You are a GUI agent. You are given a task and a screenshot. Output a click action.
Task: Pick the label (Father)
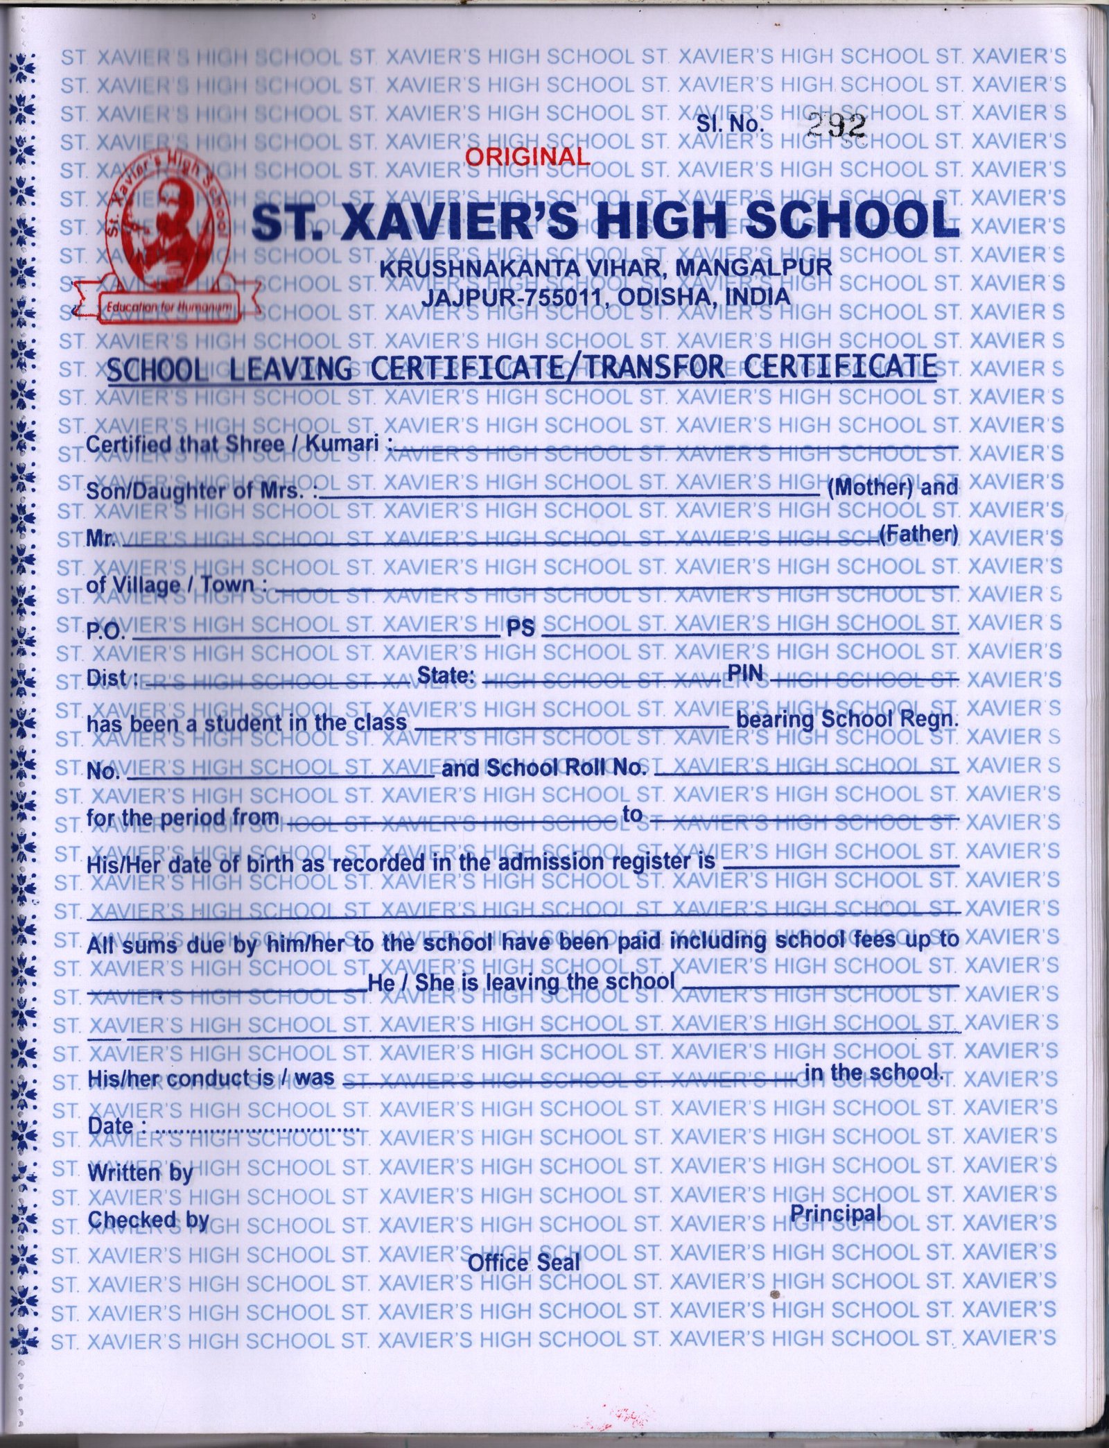(x=918, y=535)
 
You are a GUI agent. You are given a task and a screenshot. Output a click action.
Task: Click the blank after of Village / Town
(x=613, y=588)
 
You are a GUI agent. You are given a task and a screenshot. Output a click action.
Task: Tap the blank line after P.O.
(x=315, y=634)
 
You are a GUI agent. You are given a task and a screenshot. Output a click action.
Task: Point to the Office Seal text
(x=524, y=1262)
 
